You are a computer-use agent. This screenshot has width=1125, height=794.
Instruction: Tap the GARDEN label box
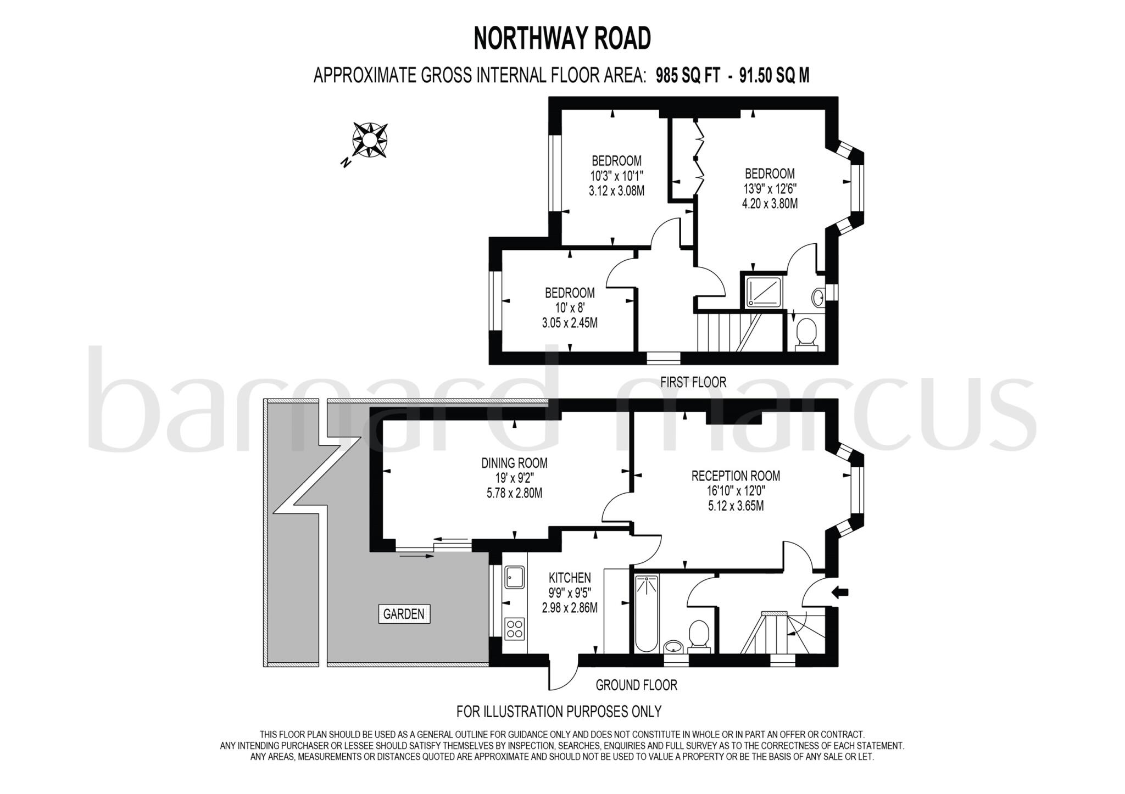click(404, 613)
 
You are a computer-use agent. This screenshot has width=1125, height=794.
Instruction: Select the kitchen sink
click(515, 577)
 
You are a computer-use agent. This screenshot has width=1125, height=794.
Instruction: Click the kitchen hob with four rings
click(515, 629)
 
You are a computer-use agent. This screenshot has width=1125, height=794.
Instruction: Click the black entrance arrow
click(840, 592)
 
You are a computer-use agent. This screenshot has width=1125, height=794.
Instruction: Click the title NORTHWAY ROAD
click(562, 38)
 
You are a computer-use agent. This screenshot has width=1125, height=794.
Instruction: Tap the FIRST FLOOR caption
click(693, 382)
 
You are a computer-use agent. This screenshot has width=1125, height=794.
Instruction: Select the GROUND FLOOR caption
click(636, 685)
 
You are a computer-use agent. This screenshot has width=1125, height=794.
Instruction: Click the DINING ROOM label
click(514, 463)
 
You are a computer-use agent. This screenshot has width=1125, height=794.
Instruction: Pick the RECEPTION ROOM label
click(736, 476)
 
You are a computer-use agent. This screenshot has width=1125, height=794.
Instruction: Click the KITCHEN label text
click(570, 577)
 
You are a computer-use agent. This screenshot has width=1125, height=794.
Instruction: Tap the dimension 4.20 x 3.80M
click(770, 204)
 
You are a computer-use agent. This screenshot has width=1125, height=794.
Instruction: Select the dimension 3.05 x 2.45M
click(570, 323)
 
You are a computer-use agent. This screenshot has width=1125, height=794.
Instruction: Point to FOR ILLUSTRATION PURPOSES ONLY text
click(559, 712)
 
